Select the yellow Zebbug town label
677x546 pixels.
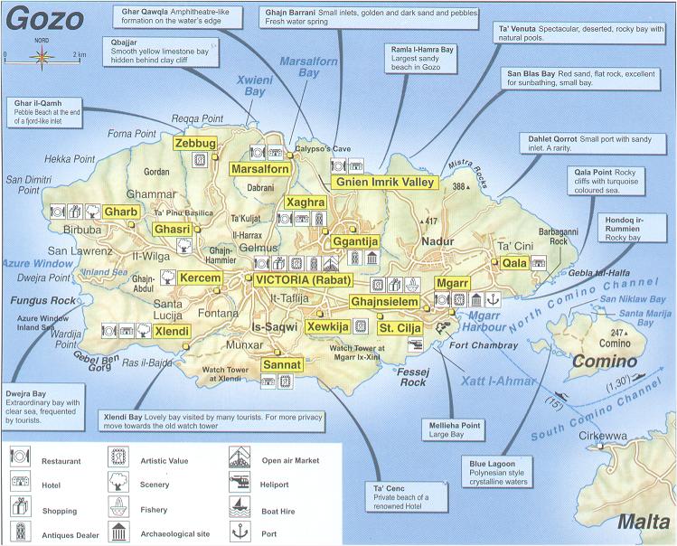[x=195, y=143]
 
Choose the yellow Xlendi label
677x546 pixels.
[x=171, y=332]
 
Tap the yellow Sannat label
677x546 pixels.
[x=282, y=364]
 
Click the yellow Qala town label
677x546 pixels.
[x=514, y=262]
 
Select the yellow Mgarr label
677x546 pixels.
[x=451, y=283]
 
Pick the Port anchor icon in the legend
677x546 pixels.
[x=239, y=531]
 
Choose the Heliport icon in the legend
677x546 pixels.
[x=239, y=484]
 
